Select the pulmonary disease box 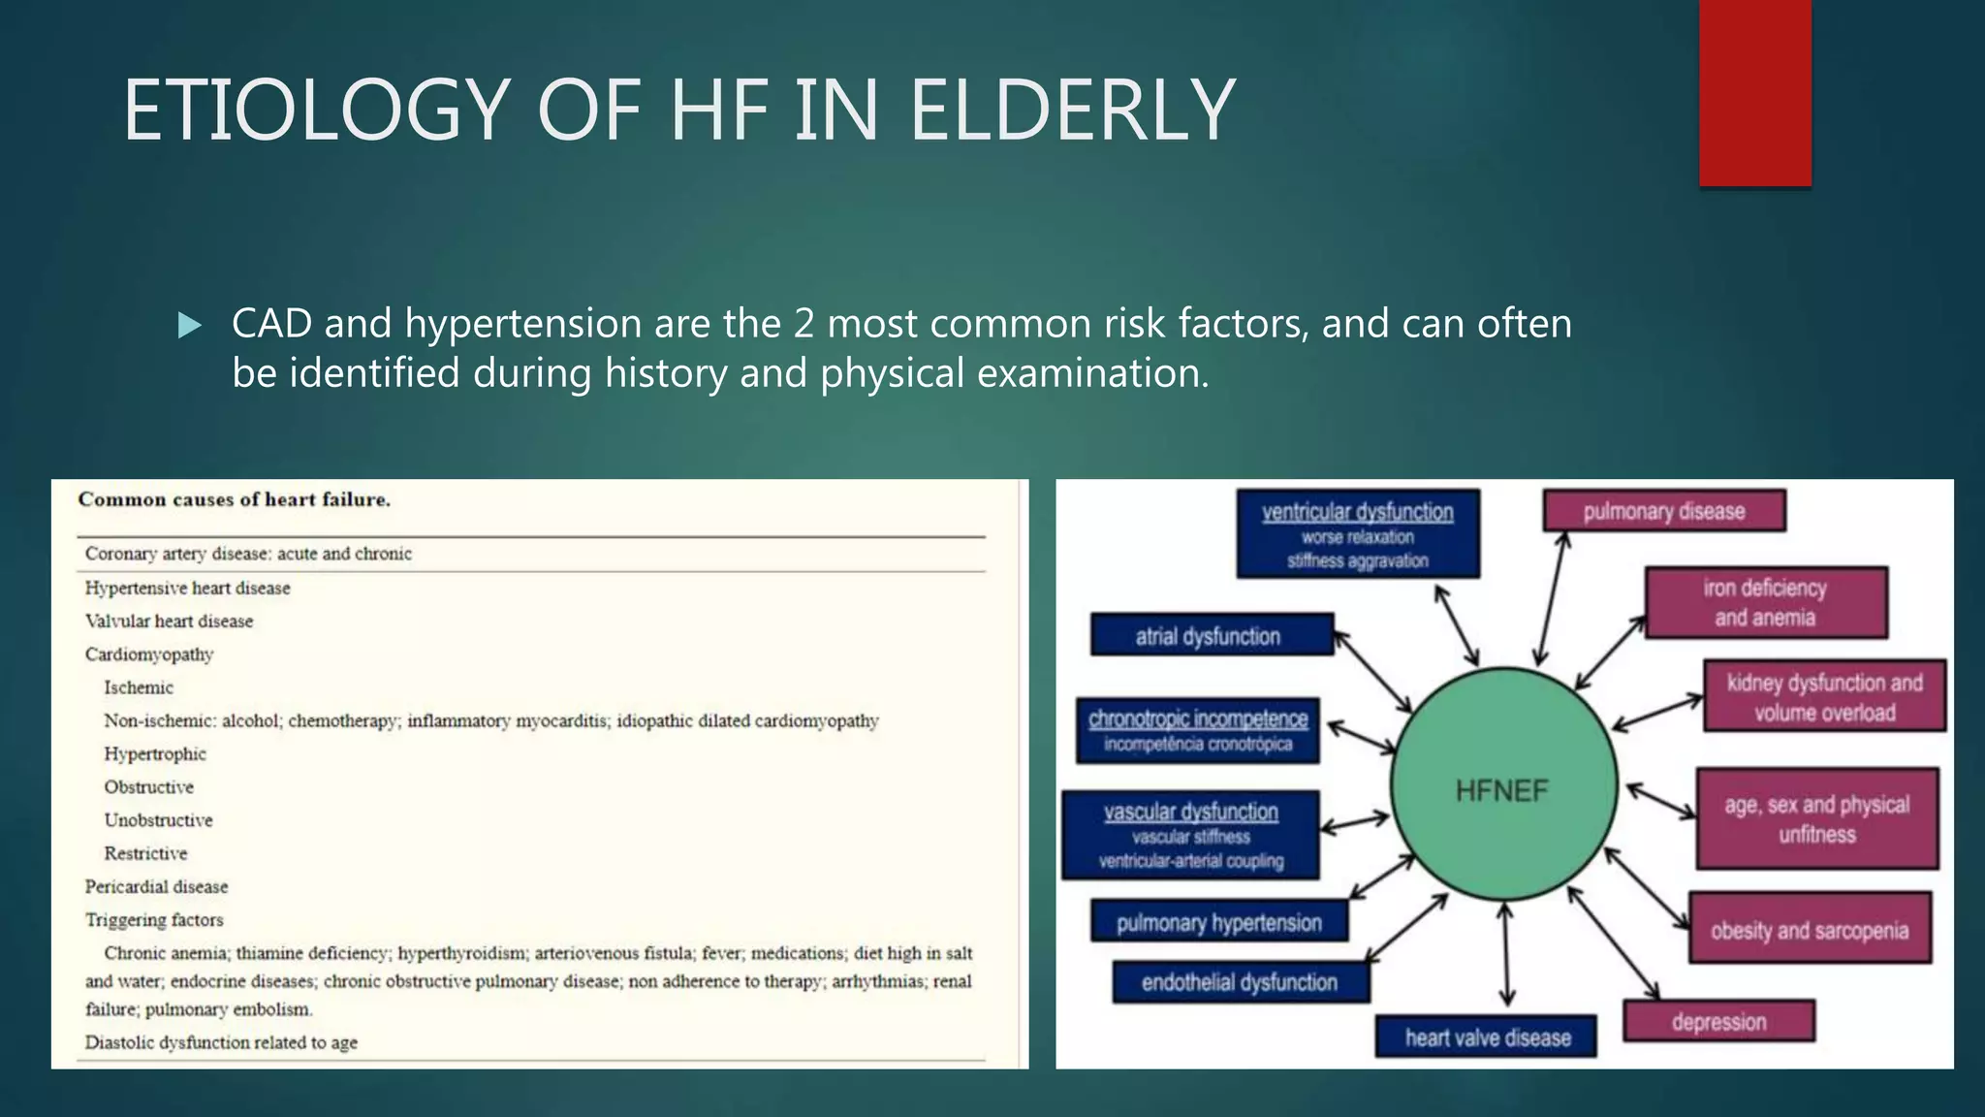point(1663,511)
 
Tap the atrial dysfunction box point(1211,635)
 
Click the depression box point(1717,1022)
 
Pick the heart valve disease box point(1486,1037)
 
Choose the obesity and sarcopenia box point(1809,929)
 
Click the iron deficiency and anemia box point(1765,602)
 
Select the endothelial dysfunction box point(1240,982)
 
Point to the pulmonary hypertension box point(1218,922)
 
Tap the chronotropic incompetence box point(1197,730)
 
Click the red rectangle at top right point(1754,92)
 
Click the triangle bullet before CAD point(190,325)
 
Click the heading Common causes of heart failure point(234,500)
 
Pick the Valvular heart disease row point(169,622)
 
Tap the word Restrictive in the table point(145,854)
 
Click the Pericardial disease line point(156,887)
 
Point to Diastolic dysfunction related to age point(221,1043)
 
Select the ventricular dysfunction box point(1357,533)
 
